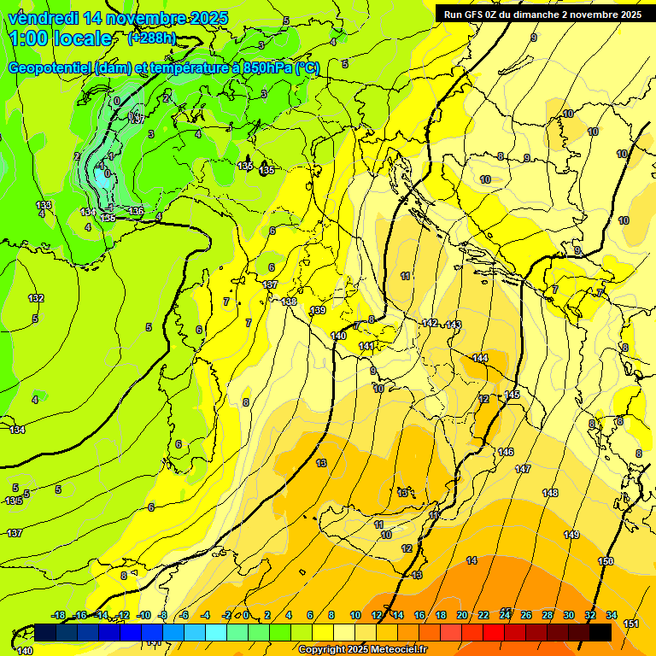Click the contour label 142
click(x=430, y=323)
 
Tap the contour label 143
click(x=454, y=325)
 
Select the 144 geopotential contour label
click(x=480, y=358)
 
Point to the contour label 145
click(x=512, y=395)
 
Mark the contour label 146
click(x=506, y=451)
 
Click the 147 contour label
click(x=523, y=469)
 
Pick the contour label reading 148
click(x=550, y=493)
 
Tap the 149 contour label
click(x=571, y=535)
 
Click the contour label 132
click(x=36, y=298)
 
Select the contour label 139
click(x=318, y=310)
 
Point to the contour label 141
click(x=366, y=345)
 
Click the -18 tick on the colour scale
click(x=59, y=615)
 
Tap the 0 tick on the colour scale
click(x=246, y=615)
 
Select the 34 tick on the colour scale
click(x=612, y=615)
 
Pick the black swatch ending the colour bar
click(x=600, y=632)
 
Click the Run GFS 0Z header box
click(x=542, y=14)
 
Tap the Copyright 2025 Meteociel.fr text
click(x=363, y=649)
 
